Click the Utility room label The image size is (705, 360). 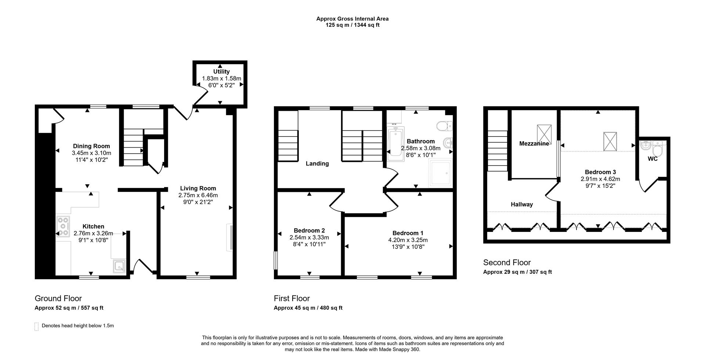coord(221,72)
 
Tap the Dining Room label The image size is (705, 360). coord(91,146)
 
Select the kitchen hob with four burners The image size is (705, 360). coord(63,226)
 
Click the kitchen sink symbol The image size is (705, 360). coord(119,266)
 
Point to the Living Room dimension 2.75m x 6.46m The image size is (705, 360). coord(198,195)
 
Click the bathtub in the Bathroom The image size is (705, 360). coord(395,144)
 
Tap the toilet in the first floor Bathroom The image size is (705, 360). coord(445,126)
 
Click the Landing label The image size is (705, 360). coord(317,164)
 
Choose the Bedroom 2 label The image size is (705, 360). coord(309,230)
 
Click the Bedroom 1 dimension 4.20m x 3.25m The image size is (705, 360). coord(408,240)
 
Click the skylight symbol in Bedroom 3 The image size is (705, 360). coord(610,141)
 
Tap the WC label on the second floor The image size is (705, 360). coord(652,159)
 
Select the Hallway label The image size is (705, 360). coord(522,204)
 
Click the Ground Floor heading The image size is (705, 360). coord(58,298)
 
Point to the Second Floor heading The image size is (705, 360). coord(507,262)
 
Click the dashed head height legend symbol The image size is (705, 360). coord(36,326)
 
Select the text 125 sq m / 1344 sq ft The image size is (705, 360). coord(352,25)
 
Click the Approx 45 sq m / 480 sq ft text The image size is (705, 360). coord(308,308)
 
